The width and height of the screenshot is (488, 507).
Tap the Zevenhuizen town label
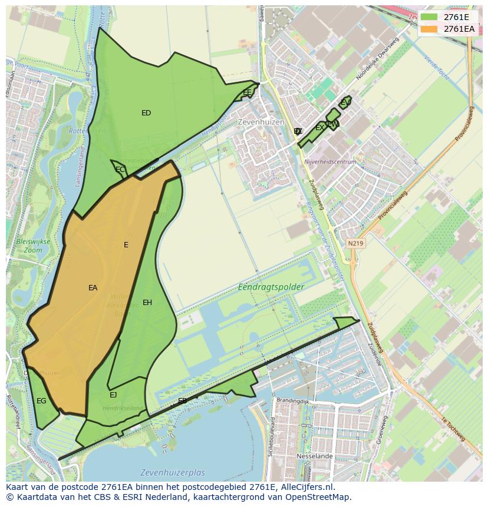pos(257,122)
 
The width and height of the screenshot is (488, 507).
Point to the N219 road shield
pos(355,243)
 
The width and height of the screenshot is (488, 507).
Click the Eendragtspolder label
pos(271,287)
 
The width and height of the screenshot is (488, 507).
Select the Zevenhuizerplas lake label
pos(173,473)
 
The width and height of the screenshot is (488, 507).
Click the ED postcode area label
pos(146,113)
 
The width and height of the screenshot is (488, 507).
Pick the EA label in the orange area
pos(93,288)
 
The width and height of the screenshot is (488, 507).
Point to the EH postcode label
pos(147,303)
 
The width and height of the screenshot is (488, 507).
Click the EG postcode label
pos(41,401)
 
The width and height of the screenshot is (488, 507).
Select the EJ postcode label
pos(113,395)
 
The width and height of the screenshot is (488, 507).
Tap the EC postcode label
pos(120,170)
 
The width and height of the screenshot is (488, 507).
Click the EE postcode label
pos(247,92)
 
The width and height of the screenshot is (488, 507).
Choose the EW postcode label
pos(332,124)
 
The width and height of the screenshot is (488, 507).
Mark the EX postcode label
pos(319,128)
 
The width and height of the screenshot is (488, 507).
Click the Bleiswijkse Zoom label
pos(33,246)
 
